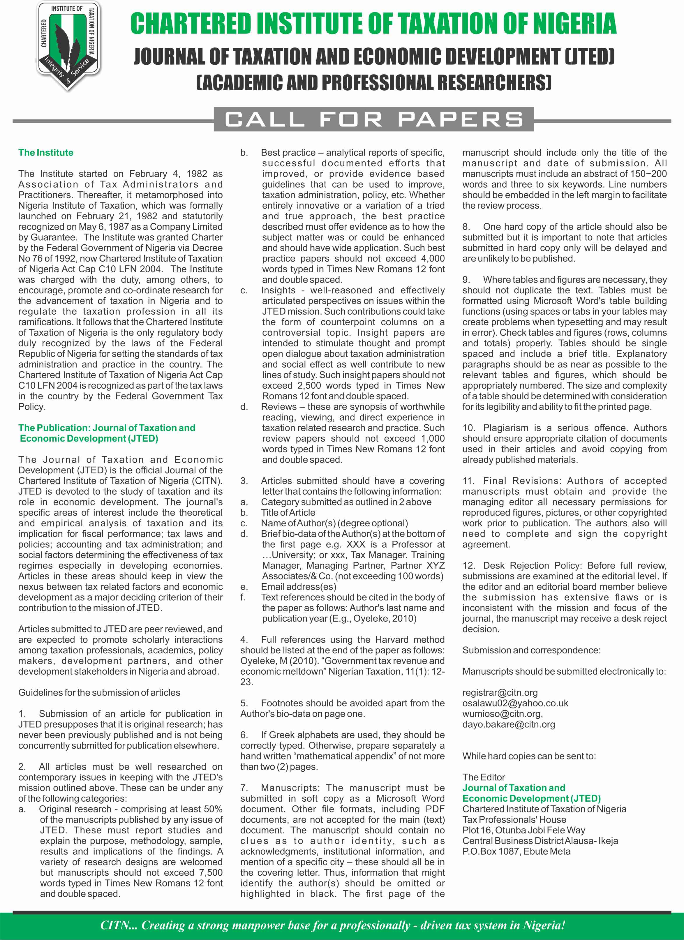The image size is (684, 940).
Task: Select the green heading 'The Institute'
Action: (x=46, y=153)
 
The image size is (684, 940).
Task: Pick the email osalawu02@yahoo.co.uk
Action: (x=515, y=703)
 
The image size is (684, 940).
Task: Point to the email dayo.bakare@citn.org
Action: (x=509, y=724)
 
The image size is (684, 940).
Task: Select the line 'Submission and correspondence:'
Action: (x=531, y=650)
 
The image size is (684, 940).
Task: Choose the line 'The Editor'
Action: (x=484, y=777)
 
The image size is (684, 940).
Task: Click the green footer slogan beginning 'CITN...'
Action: (x=332, y=925)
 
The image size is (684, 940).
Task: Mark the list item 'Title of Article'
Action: (x=288, y=513)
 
